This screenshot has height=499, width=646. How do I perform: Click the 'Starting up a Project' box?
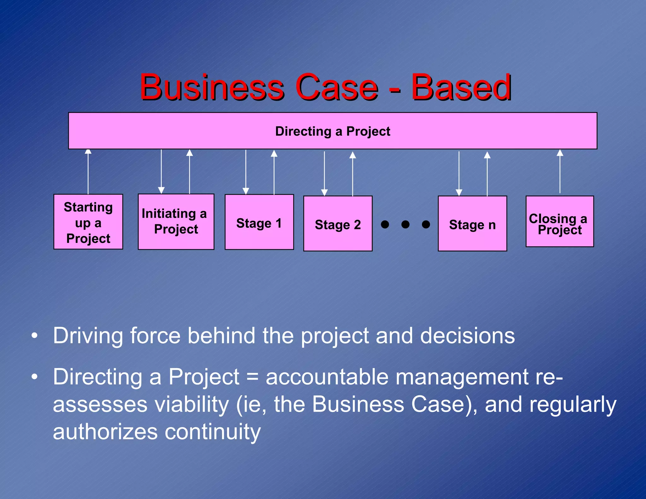click(x=88, y=222)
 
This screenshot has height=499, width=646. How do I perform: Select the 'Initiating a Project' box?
click(x=176, y=222)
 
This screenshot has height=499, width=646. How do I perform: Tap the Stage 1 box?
click(x=259, y=222)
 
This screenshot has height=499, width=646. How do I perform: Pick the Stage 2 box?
click(x=338, y=224)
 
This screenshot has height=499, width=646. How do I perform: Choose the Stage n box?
click(x=473, y=224)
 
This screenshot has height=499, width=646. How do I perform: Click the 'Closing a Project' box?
click(x=560, y=221)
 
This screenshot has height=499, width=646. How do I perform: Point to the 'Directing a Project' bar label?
click(x=332, y=131)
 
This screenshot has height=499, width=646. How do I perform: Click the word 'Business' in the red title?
click(x=212, y=87)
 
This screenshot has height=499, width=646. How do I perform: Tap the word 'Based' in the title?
click(x=461, y=87)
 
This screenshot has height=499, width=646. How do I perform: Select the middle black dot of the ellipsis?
click(x=405, y=224)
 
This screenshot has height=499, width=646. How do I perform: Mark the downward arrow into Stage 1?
click(x=246, y=172)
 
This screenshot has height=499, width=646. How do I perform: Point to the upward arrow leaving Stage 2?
click(x=353, y=173)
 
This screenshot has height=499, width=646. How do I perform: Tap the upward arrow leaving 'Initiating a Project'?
click(x=189, y=172)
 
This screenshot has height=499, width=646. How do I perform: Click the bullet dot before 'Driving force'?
click(x=34, y=336)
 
